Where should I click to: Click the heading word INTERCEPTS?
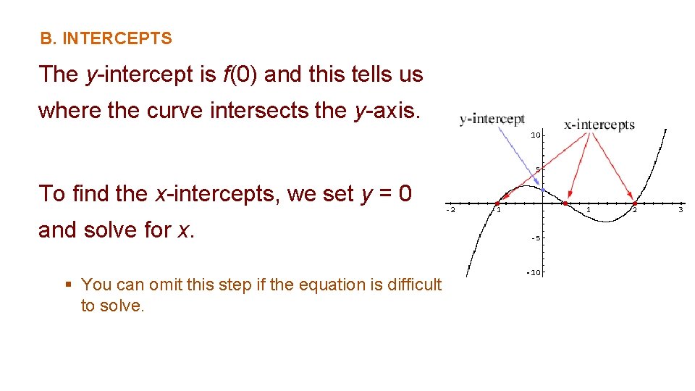(x=117, y=39)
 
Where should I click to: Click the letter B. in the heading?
(x=48, y=39)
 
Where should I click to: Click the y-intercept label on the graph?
(x=492, y=119)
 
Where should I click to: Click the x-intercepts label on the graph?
(x=599, y=125)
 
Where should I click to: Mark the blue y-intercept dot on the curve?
(x=543, y=190)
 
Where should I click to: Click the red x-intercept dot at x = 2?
(x=634, y=203)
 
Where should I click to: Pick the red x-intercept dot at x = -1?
(x=497, y=203)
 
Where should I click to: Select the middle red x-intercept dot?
(x=565, y=203)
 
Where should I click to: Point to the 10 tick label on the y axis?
(x=535, y=135)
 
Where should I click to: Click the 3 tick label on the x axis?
(x=681, y=210)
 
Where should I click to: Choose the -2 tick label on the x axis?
(x=450, y=210)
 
